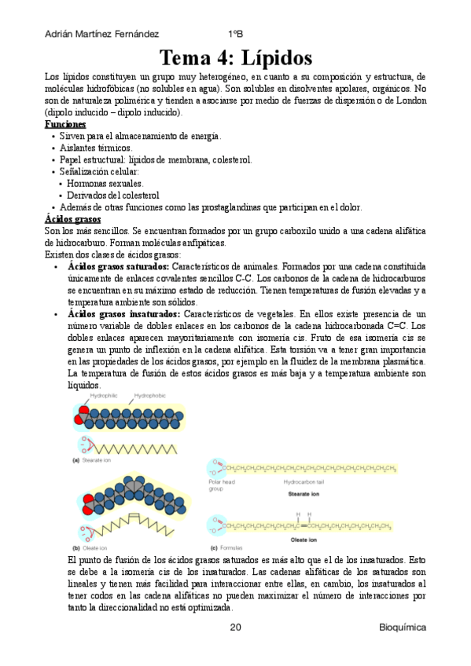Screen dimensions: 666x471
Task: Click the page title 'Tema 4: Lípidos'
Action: coord(236,59)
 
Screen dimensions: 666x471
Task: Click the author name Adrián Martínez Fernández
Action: coord(103,35)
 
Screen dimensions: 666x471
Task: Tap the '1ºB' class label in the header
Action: coord(236,35)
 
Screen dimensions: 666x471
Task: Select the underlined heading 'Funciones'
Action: coord(65,125)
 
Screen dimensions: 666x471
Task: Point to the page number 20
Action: coord(236,628)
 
